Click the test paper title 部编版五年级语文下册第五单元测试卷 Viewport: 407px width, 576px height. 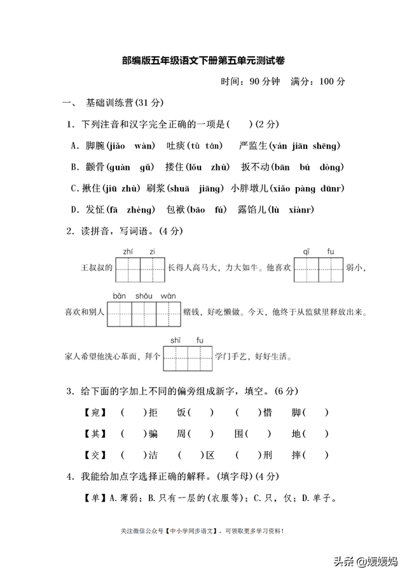coord(203,61)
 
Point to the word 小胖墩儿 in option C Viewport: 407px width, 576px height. coord(250,188)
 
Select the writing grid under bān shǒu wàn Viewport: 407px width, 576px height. coord(144,313)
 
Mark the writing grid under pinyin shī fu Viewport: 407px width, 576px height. coord(188,358)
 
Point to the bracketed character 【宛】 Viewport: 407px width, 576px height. coord(94,412)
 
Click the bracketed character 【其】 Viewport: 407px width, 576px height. coord(94,434)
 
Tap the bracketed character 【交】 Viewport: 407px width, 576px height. coord(94,455)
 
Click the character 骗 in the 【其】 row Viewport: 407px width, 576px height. coord(152,434)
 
